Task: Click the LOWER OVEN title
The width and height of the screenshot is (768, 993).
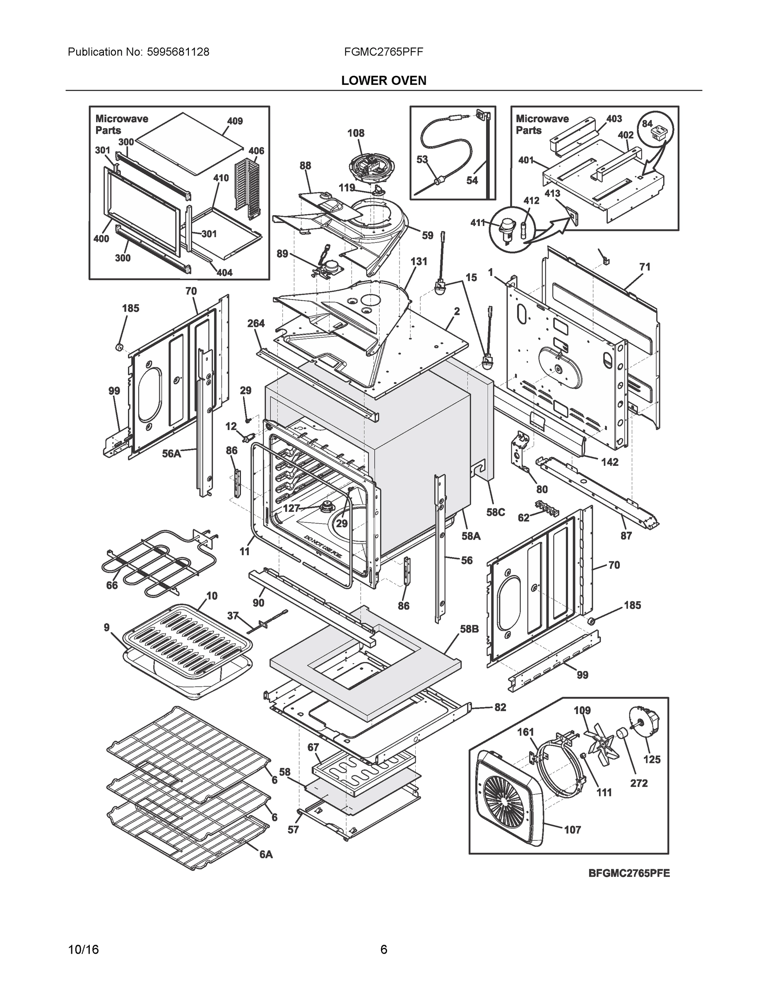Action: point(383,81)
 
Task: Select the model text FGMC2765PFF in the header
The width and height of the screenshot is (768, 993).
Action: point(383,52)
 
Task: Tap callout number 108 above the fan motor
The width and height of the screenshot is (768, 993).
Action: point(356,133)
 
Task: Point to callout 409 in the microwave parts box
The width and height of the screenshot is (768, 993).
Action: point(235,121)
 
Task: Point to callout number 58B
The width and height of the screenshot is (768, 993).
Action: point(469,630)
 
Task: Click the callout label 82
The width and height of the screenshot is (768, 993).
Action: point(500,708)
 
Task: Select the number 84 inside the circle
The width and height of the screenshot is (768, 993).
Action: point(647,124)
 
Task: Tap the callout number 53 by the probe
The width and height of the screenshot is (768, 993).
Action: point(422,159)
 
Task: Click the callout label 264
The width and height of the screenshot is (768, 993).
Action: point(256,323)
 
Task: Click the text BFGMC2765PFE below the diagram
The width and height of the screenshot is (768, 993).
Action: point(629,873)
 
